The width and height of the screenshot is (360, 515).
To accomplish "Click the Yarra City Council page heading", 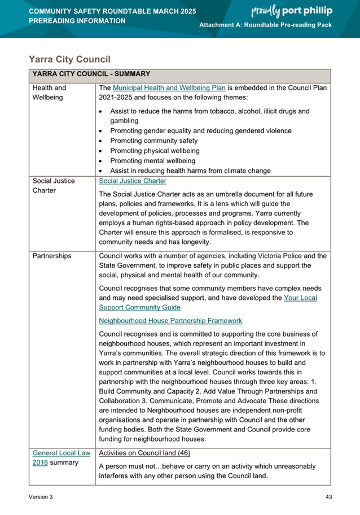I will click(69, 59).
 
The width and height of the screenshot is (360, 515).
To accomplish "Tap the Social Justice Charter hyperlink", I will click(133, 181).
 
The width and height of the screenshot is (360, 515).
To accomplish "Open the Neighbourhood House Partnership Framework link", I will click(170, 320).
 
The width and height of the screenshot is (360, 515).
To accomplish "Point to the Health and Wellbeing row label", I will click(49, 93).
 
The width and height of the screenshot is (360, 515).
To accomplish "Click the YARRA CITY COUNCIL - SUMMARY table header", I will click(91, 74).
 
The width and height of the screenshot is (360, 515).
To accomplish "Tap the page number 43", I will click(328, 497).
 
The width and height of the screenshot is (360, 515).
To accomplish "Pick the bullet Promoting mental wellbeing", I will click(152, 161).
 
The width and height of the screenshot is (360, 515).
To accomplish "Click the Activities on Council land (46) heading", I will click(144, 453).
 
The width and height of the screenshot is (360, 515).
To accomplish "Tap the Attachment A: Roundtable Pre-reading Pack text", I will click(266, 26).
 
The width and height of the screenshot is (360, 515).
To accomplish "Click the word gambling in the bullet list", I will click(124, 120).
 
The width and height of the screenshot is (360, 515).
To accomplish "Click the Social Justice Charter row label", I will click(53, 186).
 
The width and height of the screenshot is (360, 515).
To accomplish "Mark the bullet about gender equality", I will click(201, 130).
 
